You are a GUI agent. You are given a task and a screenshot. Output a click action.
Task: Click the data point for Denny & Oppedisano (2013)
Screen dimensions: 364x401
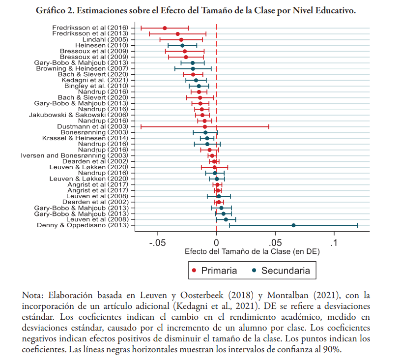[x=293, y=225]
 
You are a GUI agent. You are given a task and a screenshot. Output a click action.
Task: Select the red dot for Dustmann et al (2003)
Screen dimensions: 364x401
[x=205, y=127]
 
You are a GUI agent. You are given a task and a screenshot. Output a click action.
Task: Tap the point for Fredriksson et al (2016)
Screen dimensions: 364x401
[x=165, y=28]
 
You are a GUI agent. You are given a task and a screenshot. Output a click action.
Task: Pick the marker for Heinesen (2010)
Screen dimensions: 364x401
[x=182, y=45]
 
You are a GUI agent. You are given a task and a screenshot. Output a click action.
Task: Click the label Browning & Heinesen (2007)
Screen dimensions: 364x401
[x=82, y=68]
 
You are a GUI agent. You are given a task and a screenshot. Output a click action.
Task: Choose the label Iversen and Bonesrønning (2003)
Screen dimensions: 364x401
[x=75, y=155]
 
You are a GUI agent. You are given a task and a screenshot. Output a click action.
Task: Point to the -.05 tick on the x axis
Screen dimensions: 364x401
[x=158, y=243]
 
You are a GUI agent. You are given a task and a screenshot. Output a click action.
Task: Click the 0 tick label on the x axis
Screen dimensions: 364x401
[x=216, y=243]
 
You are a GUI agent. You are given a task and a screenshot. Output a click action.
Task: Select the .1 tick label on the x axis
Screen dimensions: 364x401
[x=334, y=243]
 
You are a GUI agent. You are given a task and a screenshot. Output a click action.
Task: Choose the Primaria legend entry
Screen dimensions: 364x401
[x=214, y=271]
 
